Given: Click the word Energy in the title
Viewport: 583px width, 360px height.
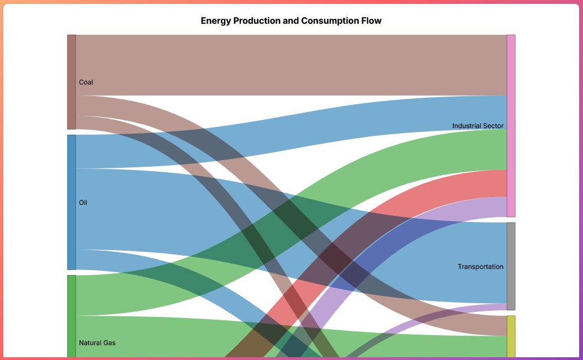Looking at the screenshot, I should pos(215,21).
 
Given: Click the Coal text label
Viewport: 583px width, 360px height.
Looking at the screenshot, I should pos(86,82).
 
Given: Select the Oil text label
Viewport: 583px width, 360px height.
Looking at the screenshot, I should pos(83,203).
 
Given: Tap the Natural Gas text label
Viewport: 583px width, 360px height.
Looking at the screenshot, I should pos(97,343).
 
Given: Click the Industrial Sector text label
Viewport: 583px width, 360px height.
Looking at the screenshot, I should pos(478,126).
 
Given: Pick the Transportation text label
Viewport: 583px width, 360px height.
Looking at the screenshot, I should pos(480,267).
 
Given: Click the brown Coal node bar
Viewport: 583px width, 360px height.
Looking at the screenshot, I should pos(71,82).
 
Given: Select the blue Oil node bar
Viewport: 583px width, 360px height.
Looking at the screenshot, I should pos(71,202).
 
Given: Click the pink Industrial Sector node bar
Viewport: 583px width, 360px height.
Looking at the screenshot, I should pos(511,126).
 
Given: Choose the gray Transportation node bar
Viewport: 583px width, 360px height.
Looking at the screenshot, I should pos(511,266).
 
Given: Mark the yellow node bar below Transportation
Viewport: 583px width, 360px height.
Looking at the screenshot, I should pos(511,336).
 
